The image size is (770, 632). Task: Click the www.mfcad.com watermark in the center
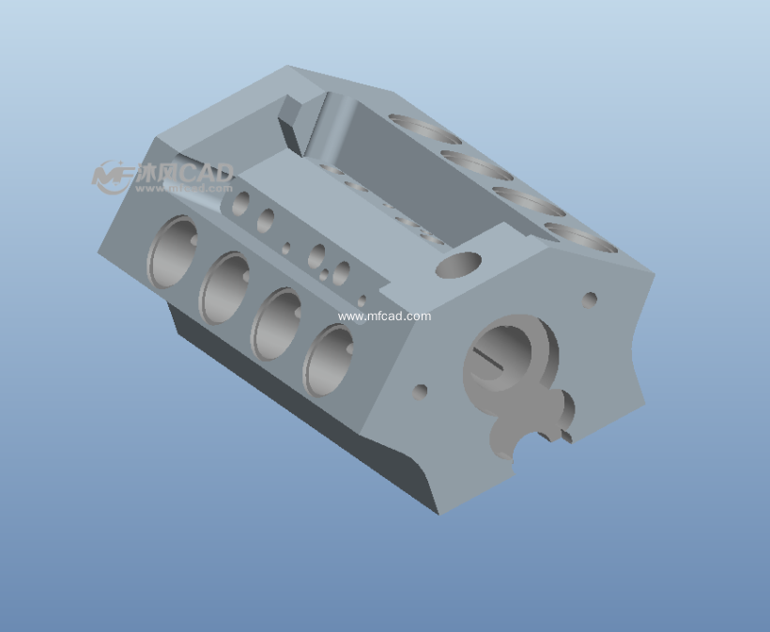pos(384,316)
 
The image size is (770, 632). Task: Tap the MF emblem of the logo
pos(112,176)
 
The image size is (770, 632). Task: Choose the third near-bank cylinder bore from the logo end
pos(276,323)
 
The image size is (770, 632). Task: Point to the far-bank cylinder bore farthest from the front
pos(425,129)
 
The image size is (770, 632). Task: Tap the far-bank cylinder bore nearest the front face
pos(580,237)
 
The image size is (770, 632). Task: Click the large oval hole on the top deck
pos(458,265)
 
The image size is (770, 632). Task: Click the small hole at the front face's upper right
pos(591,301)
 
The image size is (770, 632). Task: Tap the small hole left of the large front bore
pos(421,390)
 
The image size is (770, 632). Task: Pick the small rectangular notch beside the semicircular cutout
pos(567,435)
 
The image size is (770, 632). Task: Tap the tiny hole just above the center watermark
pos(362,301)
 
